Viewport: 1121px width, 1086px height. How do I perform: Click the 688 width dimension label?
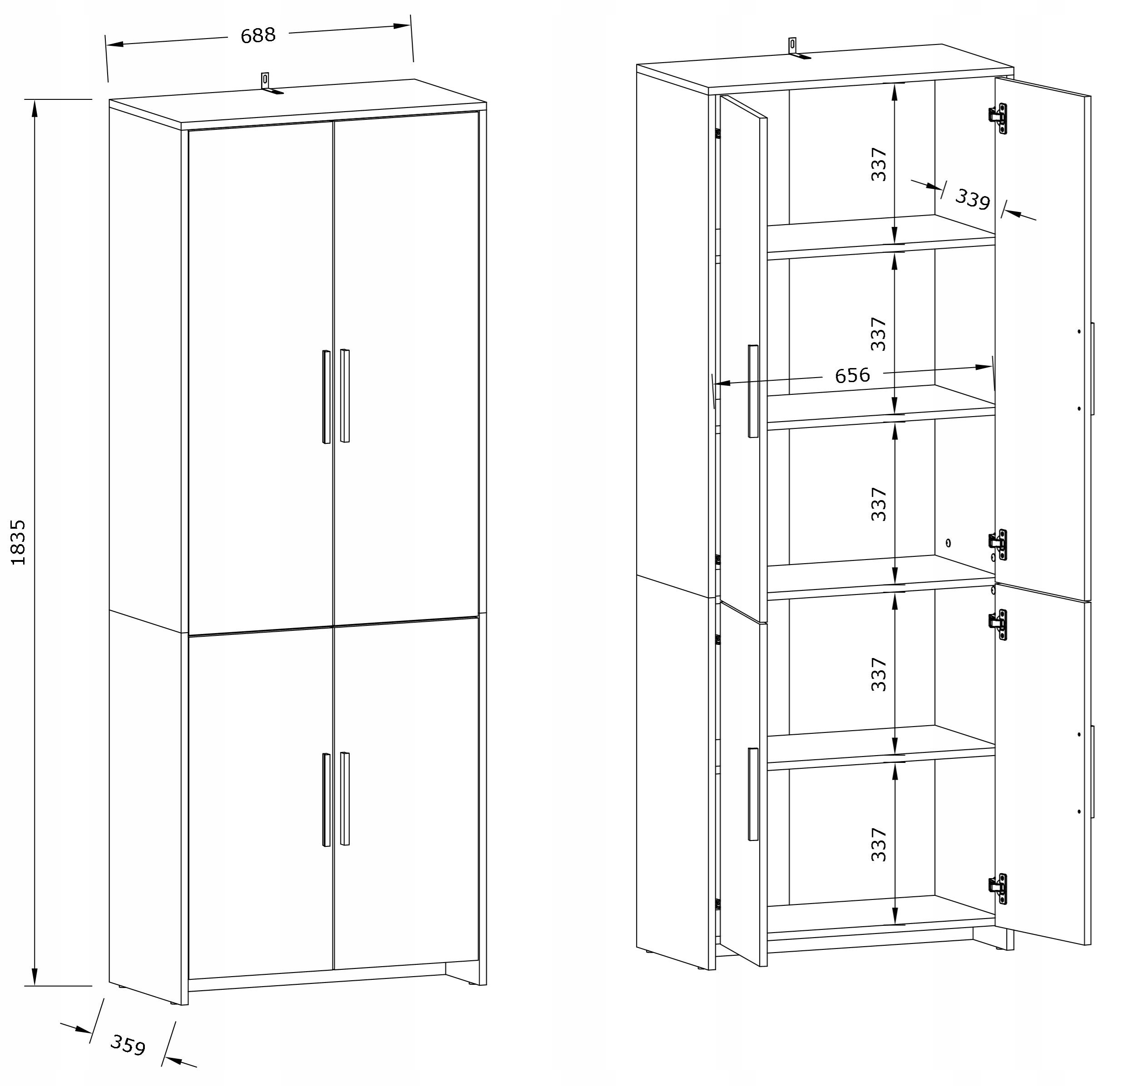click(258, 35)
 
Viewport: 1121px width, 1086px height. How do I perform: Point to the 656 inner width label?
click(852, 375)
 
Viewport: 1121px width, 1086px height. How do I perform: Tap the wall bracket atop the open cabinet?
click(797, 49)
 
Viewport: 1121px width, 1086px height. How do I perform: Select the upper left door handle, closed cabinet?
click(326, 397)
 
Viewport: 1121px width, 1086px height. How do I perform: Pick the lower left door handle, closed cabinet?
click(326, 800)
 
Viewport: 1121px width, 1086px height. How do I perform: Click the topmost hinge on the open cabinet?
click(998, 118)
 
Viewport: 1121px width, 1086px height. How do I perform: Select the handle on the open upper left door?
click(753, 392)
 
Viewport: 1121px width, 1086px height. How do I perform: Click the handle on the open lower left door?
click(753, 795)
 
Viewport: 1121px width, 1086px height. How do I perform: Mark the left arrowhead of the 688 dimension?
click(115, 44)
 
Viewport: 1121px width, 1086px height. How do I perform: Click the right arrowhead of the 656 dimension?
click(984, 367)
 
